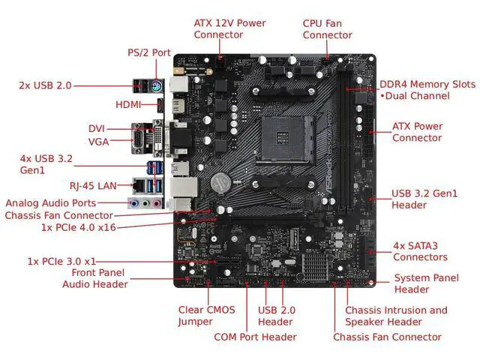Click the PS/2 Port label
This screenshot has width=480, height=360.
148,53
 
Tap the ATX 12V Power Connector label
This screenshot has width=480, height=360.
229,28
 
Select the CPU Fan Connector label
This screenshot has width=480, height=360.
327,28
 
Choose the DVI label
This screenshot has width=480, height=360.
96,128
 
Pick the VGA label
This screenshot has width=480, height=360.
97,141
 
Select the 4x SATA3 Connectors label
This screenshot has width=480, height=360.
420,251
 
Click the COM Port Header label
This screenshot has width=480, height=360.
255,337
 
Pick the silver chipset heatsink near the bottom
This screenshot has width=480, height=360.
319,262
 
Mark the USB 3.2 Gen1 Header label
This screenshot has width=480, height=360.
424,199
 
